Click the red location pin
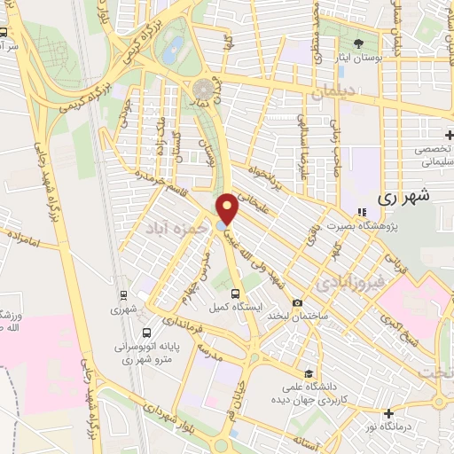[x=228, y=208]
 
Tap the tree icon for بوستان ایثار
[x=358, y=43]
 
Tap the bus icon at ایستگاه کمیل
[x=235, y=294]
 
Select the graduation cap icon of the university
[x=307, y=373]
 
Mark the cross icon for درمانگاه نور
[x=388, y=413]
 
